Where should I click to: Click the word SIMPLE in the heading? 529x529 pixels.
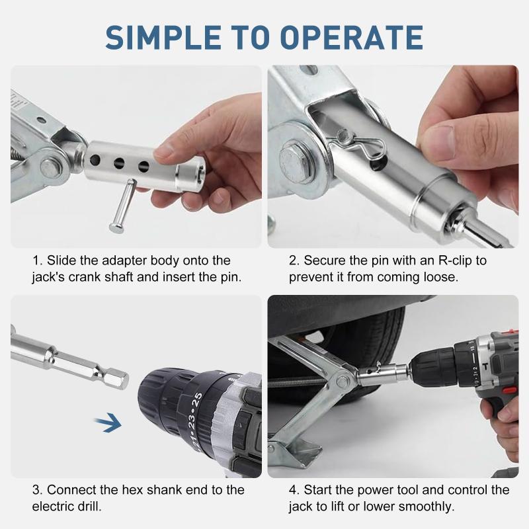[x=163, y=38]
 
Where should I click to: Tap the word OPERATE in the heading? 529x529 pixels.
[x=351, y=38]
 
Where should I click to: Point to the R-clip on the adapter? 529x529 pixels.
[x=360, y=142]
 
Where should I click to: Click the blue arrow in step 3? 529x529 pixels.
[x=108, y=422]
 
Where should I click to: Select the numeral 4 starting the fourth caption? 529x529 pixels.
[x=292, y=490]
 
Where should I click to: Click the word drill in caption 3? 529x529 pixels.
[x=89, y=507]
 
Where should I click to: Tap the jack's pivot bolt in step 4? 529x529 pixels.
[x=342, y=382]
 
